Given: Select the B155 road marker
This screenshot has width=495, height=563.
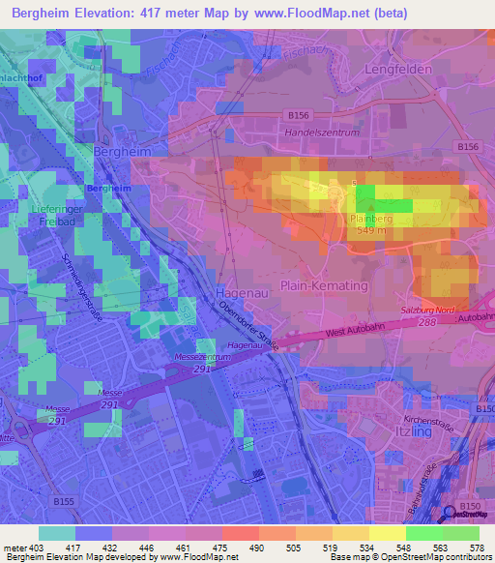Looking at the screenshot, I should click(x=64, y=501).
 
